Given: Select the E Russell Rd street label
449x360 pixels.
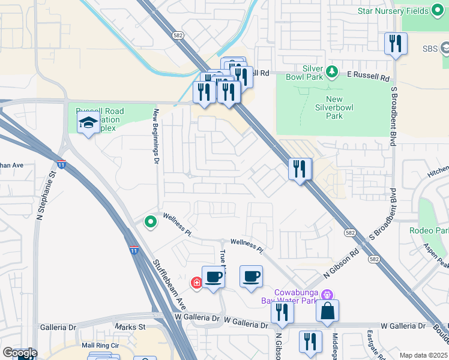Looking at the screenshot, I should coord(369,78).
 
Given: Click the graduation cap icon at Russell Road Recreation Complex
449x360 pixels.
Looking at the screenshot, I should coord(88,124).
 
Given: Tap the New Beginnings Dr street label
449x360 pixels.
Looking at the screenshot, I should coord(155,136).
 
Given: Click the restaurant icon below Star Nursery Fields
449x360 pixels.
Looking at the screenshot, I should coord(396,43).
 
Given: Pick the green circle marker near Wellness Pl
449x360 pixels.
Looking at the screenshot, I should coord(151,222).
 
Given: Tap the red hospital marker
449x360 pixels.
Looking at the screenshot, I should coord(196,283).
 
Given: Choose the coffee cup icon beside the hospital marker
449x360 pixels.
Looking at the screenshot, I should coord(213,277).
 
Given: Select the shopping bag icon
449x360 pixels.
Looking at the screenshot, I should coord(327,310).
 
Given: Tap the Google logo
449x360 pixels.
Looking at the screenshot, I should coord(19,352).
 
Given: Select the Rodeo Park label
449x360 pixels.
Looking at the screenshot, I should coord(429,230).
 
